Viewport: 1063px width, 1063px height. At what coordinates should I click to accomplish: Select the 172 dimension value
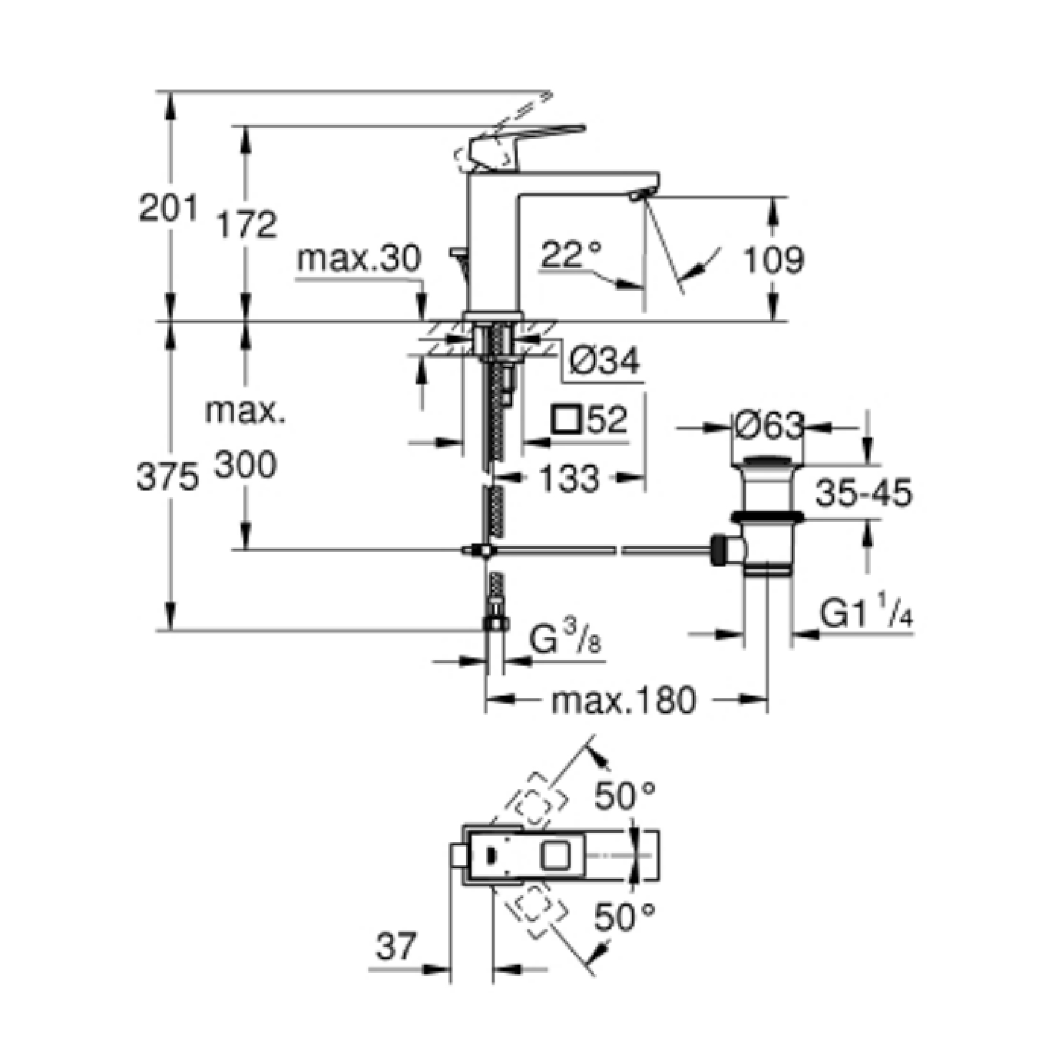(x=245, y=224)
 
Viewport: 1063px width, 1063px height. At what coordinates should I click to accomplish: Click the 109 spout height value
(x=774, y=260)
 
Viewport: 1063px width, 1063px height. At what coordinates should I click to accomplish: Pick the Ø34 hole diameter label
(x=604, y=362)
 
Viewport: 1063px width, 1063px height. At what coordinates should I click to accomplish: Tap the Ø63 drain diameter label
(x=769, y=426)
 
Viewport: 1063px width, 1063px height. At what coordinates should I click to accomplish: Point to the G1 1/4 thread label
(x=866, y=615)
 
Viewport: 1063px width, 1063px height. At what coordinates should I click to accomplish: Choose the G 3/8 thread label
(x=564, y=639)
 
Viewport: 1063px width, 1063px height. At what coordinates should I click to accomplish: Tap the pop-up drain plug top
(x=769, y=460)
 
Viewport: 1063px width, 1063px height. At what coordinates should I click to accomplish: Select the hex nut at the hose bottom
(x=496, y=623)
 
